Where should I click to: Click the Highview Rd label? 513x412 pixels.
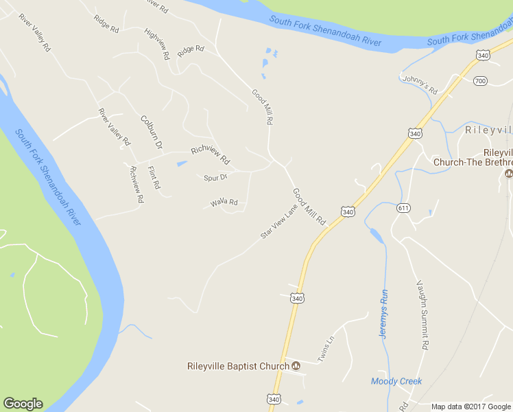157,44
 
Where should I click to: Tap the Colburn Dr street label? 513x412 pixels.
151,132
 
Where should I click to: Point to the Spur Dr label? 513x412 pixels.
215,177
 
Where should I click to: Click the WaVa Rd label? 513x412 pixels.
224,203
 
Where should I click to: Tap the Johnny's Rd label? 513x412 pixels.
420,84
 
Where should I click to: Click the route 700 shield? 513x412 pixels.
480,81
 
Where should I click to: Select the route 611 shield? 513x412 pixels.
403,208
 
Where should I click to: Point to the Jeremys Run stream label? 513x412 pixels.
384,312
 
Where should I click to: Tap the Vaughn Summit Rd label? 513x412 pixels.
422,315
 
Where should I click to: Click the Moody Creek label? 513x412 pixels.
396,381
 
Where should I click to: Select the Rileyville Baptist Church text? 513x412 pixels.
238,366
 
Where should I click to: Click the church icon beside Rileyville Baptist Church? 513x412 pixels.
296,366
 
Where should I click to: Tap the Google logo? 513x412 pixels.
23,404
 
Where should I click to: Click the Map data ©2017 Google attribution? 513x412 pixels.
470,407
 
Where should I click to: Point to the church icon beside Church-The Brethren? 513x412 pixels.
509,173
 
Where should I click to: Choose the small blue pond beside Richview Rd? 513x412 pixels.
182,163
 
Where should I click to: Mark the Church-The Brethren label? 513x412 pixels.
473,162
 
